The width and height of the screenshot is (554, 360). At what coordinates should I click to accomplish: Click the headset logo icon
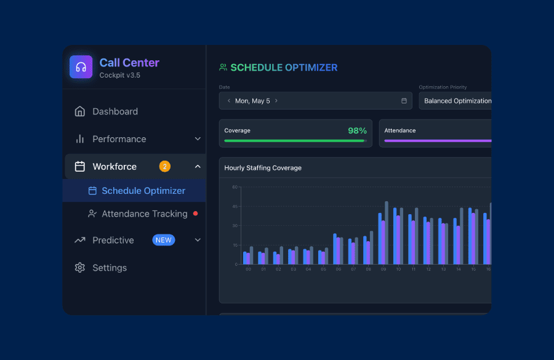click(x=81, y=67)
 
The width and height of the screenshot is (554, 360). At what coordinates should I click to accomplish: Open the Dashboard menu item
click(x=114, y=111)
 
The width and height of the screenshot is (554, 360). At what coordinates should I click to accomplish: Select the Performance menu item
click(x=119, y=139)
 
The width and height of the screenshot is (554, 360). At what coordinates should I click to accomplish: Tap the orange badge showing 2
click(x=164, y=166)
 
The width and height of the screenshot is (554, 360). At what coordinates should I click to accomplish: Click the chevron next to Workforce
click(x=198, y=166)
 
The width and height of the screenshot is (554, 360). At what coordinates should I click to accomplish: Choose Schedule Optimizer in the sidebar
click(x=143, y=191)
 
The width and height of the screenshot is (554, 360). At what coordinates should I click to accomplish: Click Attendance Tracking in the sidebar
click(x=144, y=214)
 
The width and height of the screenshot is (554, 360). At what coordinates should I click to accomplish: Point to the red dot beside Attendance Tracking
click(x=196, y=214)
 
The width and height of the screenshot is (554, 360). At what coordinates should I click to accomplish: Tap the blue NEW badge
click(x=164, y=240)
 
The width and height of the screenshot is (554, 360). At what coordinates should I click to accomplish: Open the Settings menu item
click(x=109, y=268)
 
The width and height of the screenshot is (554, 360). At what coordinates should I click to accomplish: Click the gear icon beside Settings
click(x=79, y=268)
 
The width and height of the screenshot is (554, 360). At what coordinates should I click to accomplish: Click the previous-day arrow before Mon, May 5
click(x=229, y=101)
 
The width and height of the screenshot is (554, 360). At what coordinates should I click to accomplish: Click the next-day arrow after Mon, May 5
click(x=276, y=101)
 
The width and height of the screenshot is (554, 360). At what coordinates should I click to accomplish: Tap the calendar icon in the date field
click(x=404, y=101)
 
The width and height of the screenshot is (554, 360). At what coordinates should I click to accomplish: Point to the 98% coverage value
click(x=357, y=130)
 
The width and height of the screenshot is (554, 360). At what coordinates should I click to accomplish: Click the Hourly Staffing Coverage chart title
click(x=263, y=168)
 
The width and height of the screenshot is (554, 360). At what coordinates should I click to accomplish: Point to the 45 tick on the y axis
click(x=235, y=206)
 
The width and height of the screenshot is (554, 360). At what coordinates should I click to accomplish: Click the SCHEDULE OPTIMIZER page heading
click(x=284, y=68)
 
